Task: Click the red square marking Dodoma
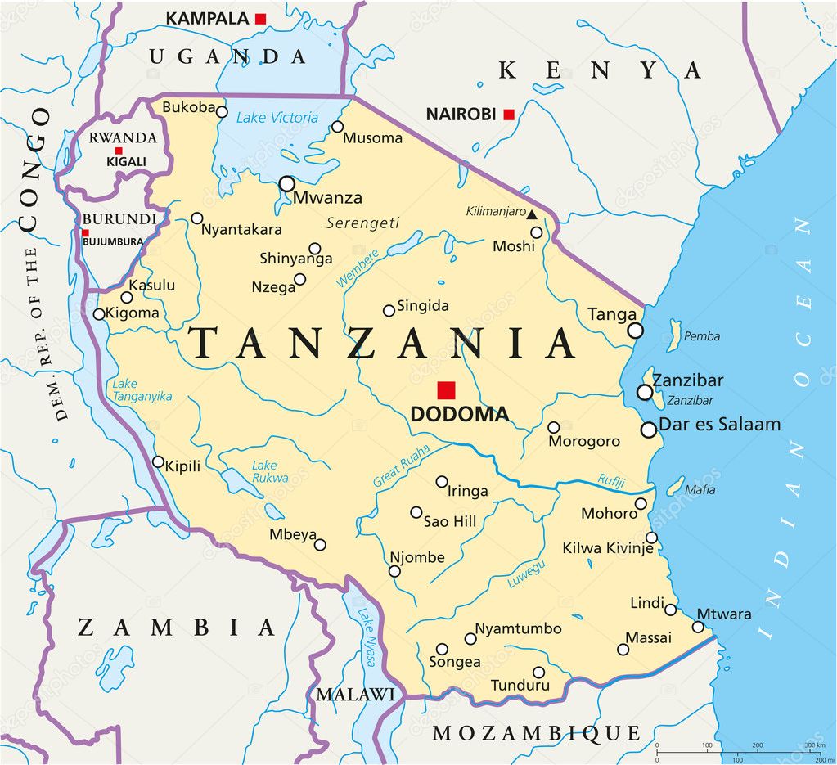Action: (446, 390)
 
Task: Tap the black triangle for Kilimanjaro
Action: (532, 214)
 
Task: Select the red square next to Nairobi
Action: (509, 115)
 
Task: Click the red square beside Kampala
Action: (261, 18)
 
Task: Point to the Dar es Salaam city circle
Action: (649, 429)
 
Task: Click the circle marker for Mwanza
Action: (287, 184)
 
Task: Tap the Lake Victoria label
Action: (277, 118)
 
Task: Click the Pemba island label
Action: (702, 336)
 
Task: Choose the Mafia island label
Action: (700, 490)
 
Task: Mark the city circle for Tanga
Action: (636, 331)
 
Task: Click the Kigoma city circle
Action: (99, 314)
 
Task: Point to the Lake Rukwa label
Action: (270, 471)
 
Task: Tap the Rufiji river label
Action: (611, 480)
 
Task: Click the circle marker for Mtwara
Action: (698, 627)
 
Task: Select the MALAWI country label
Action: (355, 695)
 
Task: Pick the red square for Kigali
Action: (119, 151)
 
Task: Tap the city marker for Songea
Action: (442, 649)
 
